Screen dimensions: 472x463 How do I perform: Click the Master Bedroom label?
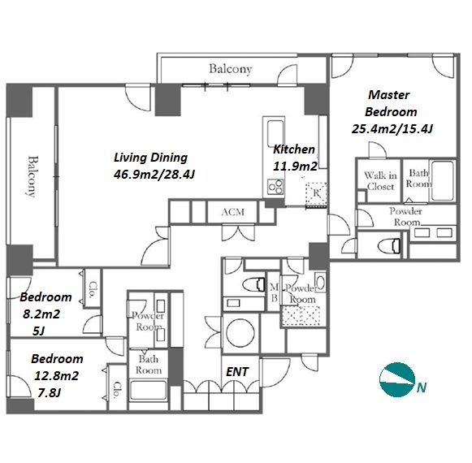pyautogui.click(x=391, y=103)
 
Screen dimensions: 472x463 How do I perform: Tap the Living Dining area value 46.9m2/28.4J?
pyautogui.click(x=154, y=175)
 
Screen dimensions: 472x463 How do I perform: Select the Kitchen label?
pyautogui.click(x=293, y=149)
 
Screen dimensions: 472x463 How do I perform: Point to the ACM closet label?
pyautogui.click(x=232, y=212)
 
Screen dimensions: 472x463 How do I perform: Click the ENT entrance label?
pyautogui.click(x=237, y=372)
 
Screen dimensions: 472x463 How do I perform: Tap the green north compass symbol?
pyautogui.click(x=397, y=379)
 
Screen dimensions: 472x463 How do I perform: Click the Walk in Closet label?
pyautogui.click(x=380, y=181)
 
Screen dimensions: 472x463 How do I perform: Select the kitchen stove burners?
pyautogui.click(x=275, y=186)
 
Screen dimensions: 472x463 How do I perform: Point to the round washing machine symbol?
pyautogui.click(x=240, y=333)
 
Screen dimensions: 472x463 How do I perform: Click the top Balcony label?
pyautogui.click(x=230, y=69)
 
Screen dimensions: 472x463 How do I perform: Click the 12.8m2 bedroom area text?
pyautogui.click(x=56, y=376)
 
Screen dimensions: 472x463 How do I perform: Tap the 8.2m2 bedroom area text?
pyautogui.click(x=41, y=314)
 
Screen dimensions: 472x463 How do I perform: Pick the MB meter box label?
pyautogui.click(x=274, y=293)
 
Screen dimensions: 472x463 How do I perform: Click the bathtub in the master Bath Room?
pyautogui.click(x=442, y=181)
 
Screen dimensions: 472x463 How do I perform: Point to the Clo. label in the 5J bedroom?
pyautogui.click(x=93, y=290)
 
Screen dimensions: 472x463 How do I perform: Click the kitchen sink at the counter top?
pyautogui.click(x=275, y=133)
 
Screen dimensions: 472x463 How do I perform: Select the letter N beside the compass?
pyautogui.click(x=422, y=387)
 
